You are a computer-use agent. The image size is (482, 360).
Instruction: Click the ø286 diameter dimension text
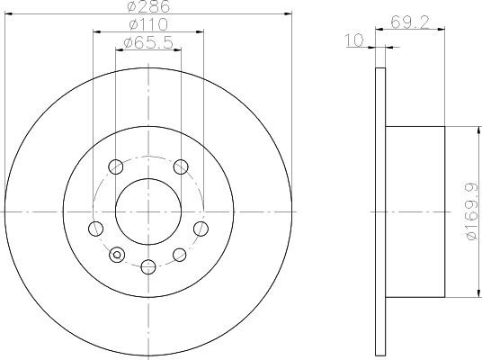pyautogui.click(x=148, y=6)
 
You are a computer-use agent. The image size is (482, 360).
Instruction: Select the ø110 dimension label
pyautogui.click(x=148, y=24)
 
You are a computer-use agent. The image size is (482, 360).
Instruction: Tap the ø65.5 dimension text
pyautogui.click(x=148, y=43)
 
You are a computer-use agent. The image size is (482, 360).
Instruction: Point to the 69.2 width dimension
pyautogui.click(x=410, y=22)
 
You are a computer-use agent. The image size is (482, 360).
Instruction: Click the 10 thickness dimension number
pyautogui.click(x=354, y=40)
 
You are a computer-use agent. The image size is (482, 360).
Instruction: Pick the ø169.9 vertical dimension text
pyautogui.click(x=472, y=211)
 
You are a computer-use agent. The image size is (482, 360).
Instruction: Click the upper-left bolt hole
pyautogui.click(x=116, y=166)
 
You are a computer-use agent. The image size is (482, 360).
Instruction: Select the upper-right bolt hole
pyautogui.click(x=181, y=166)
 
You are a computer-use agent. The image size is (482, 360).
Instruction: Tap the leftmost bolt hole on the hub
pyautogui.click(x=95, y=229)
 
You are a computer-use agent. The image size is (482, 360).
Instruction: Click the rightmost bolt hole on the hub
pyautogui.click(x=201, y=229)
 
